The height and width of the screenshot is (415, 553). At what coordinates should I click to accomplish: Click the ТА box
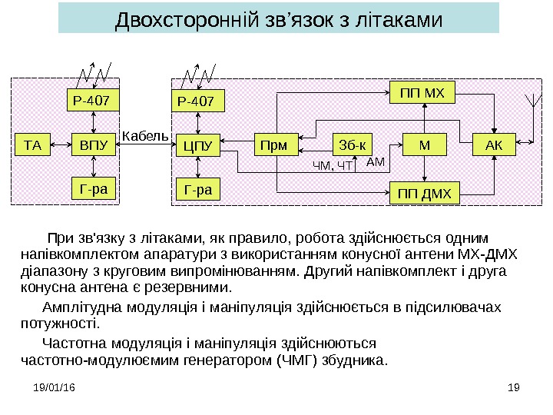[x=33, y=143]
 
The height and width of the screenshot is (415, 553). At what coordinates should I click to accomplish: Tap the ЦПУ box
[x=198, y=144]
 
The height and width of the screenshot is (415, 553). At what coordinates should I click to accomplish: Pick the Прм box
[x=275, y=144]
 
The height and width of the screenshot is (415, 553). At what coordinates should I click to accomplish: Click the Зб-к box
[x=352, y=144]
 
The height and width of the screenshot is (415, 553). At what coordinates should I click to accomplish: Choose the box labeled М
[x=425, y=144]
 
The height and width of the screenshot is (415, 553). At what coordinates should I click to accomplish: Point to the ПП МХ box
[x=424, y=94]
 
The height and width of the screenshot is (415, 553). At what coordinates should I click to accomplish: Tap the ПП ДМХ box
[x=424, y=192]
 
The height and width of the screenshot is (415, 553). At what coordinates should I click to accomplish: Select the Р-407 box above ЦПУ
[x=198, y=101]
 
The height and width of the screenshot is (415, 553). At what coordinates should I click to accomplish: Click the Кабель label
[x=144, y=136]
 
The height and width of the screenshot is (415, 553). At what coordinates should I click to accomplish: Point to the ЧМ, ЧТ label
[x=332, y=165]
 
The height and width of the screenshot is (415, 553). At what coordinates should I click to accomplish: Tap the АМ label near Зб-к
[x=376, y=161]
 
